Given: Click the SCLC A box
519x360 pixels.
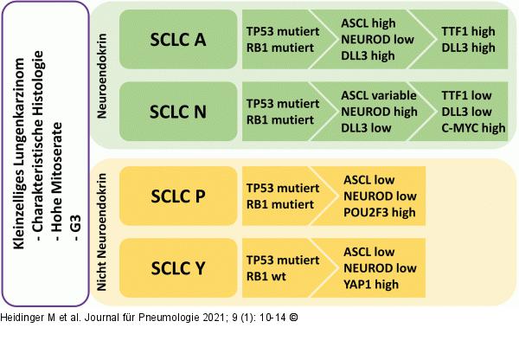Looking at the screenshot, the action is [x=178, y=40].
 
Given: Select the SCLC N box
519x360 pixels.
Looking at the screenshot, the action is [x=178, y=112].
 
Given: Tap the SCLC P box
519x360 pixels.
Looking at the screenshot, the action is [x=178, y=196].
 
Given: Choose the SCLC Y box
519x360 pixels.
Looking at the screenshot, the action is [x=178, y=268].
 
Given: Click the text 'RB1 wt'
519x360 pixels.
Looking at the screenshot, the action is [x=266, y=276].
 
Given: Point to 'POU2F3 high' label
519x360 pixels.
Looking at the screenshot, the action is [x=380, y=212].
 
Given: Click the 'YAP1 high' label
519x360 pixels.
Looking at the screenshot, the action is [x=371, y=284].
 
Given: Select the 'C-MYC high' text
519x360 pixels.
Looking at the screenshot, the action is [x=473, y=128].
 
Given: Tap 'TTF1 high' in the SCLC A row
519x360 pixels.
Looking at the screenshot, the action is [x=468, y=31].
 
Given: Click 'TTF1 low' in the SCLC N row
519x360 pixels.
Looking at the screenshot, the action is [x=466, y=95].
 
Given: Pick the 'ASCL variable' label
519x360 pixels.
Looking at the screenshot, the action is [x=379, y=95].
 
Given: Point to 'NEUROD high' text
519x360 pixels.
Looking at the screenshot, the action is [x=380, y=112].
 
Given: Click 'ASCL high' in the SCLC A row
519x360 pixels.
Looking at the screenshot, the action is [x=368, y=23].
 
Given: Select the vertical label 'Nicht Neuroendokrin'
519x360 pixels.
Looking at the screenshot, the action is [x=102, y=232].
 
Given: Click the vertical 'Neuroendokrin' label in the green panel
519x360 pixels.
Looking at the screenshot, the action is [x=102, y=76].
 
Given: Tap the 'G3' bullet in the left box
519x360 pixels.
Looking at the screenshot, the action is [x=76, y=228].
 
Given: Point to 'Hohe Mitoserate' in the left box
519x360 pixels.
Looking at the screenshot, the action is [x=57, y=182].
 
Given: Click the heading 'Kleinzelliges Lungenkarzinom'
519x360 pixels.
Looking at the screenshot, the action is [x=19, y=153].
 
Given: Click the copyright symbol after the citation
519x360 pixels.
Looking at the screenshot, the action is [x=293, y=318].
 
